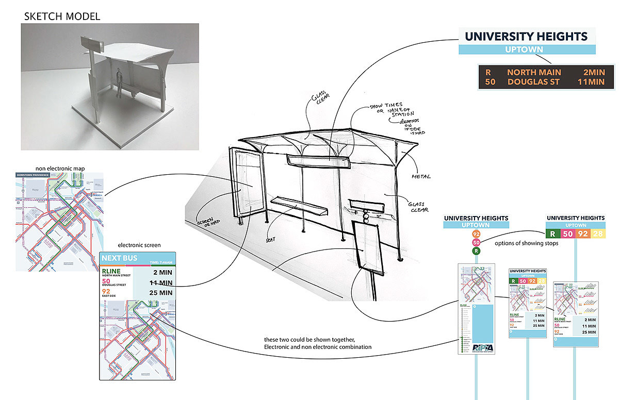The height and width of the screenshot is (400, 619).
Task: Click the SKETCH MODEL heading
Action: [x=62, y=16]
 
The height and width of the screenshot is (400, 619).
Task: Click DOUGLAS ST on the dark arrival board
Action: [x=534, y=81]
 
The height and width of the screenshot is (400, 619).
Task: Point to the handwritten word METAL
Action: [x=421, y=177]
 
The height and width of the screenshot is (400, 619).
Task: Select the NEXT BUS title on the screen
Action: [x=120, y=258]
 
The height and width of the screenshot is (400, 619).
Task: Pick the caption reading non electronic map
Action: [x=61, y=168]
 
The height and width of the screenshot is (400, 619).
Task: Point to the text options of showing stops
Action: [x=526, y=243]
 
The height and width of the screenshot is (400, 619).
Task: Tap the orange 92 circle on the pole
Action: [x=476, y=235]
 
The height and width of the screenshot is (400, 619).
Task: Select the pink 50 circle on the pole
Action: [x=476, y=243]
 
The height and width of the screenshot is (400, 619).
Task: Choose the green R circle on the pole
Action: [x=476, y=251]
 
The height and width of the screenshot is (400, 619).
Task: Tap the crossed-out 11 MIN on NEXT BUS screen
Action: [x=161, y=282]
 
